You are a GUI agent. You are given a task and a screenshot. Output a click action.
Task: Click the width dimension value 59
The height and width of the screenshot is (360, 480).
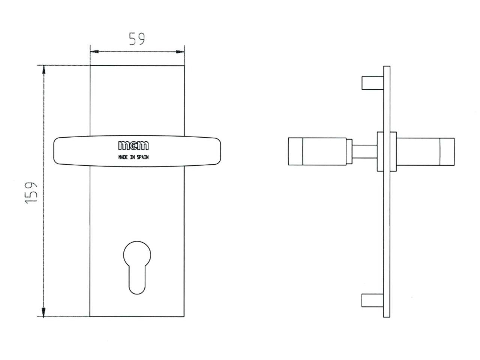click(x=137, y=39)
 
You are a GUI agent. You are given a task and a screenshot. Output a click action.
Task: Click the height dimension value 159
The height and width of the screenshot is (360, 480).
click(x=31, y=193)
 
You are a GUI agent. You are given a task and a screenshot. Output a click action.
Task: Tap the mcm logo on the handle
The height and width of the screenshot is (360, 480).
click(x=133, y=145)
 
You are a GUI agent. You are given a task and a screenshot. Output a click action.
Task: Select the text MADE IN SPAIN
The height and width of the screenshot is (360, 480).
click(x=133, y=157)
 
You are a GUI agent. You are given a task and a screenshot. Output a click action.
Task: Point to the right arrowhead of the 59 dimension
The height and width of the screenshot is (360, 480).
click(x=180, y=51)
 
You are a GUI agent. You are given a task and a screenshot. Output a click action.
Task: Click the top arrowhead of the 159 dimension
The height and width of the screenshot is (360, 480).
click(x=43, y=70)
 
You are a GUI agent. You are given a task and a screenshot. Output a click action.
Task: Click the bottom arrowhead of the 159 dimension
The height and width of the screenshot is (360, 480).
click(x=43, y=312)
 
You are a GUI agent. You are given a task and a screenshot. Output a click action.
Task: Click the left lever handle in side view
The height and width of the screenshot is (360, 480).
click(x=319, y=151)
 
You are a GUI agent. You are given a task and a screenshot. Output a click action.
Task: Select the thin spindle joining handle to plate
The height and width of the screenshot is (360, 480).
click(x=364, y=151)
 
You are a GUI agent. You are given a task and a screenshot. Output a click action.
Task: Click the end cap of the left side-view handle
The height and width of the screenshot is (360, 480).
click(x=295, y=151)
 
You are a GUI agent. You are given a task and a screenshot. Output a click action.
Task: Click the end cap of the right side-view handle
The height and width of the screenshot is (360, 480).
click(x=447, y=151)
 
